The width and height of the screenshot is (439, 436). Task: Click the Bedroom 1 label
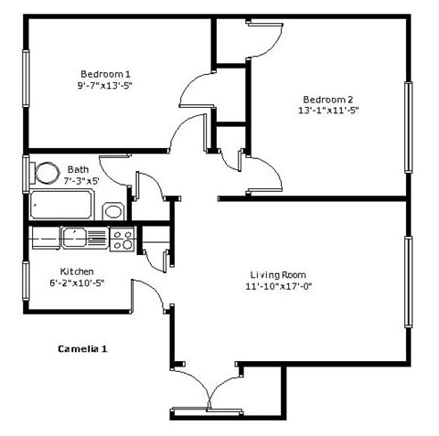[106, 74]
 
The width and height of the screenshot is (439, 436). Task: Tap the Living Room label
[279, 274]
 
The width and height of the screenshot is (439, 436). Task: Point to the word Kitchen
[77, 271]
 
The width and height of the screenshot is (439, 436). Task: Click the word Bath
[78, 169]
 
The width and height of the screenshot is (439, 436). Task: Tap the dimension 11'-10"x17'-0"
[279, 286]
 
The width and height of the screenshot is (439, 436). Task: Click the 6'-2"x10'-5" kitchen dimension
[77, 283]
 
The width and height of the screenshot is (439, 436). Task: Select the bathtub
[61, 205]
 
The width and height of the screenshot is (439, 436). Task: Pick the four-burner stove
[123, 239]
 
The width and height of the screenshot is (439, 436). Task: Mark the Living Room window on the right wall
[407, 281]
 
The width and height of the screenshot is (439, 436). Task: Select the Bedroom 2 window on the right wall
[407, 127]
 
